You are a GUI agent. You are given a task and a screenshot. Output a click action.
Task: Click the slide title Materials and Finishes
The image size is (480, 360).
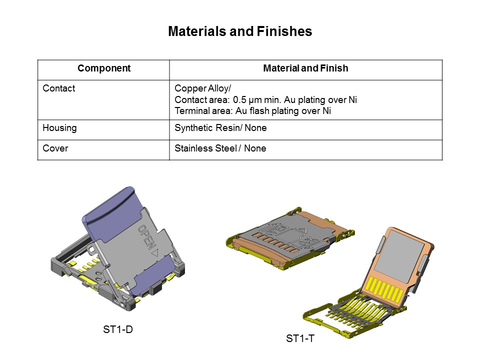point(240,31)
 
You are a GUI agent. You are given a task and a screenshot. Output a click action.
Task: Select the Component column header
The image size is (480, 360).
point(104,68)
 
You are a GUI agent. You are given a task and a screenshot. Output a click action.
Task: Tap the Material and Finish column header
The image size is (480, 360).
point(305,68)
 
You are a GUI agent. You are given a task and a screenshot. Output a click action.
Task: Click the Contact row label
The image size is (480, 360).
point(59,88)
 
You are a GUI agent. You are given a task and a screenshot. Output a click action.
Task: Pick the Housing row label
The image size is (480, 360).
point(60,128)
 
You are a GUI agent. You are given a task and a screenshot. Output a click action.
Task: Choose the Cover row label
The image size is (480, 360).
point(55,148)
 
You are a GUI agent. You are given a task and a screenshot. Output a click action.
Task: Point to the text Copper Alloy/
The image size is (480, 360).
point(202,88)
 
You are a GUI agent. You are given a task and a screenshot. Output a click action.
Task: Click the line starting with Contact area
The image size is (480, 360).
point(265,100)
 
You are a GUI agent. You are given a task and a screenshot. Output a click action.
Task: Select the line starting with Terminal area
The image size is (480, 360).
point(252,111)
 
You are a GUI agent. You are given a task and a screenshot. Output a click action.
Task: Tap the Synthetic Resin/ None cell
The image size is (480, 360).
point(220,128)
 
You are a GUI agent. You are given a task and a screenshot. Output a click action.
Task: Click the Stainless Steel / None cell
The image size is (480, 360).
point(220,148)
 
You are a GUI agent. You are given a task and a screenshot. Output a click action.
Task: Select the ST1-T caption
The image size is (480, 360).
point(300,339)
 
